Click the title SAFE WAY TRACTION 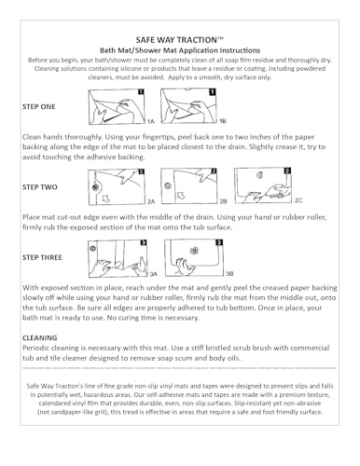[x=180, y=40]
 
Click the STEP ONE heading [x=39, y=106]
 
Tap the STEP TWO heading [x=40, y=187]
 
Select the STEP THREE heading [x=42, y=257]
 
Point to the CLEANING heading [x=40, y=337]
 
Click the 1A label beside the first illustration [x=150, y=121]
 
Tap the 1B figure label [x=223, y=121]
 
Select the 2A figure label [x=151, y=201]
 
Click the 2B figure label [x=223, y=201]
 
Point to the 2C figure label [x=298, y=200]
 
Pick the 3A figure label [x=153, y=274]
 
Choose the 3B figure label [x=229, y=273]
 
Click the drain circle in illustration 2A [x=95, y=187]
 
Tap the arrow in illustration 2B [x=181, y=196]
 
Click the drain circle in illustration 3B [x=194, y=251]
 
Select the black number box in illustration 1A [x=141, y=92]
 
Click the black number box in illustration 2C [x=287, y=171]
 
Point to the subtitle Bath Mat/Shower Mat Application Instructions [x=180, y=50]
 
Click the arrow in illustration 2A [x=106, y=199]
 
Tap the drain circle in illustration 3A [x=92, y=248]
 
